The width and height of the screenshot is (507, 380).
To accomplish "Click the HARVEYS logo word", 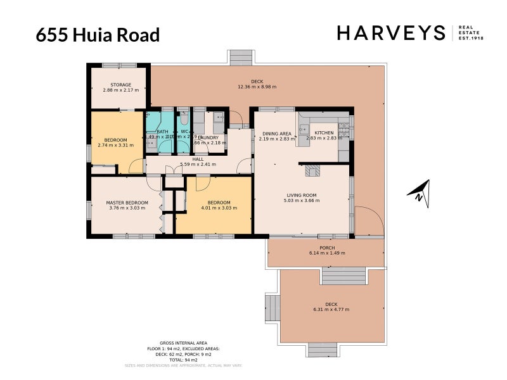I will tap(391, 33).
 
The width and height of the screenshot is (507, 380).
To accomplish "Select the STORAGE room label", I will tap(120, 85).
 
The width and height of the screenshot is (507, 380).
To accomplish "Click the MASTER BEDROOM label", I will tap(127, 203).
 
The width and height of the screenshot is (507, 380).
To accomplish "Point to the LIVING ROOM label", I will tap(302, 195).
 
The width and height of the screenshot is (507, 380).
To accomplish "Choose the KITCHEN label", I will tap(319, 133).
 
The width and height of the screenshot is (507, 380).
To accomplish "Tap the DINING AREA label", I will tap(276, 134).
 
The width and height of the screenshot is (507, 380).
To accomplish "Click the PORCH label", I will tap(327, 248).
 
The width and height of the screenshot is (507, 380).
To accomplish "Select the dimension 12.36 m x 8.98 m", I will tap(257, 87).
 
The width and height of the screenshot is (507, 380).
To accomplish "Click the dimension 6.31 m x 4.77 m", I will tap(331, 310).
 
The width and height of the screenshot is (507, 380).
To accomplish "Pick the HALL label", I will tap(198, 159).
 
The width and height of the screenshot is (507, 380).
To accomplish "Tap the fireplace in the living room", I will tap(312, 170).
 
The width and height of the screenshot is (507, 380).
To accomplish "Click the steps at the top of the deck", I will tap(241, 58).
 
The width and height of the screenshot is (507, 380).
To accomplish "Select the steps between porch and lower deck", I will tap(343, 275).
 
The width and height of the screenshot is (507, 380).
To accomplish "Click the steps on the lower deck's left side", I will tap(272, 308).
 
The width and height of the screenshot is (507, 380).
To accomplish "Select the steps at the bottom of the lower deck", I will tap(323, 350).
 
